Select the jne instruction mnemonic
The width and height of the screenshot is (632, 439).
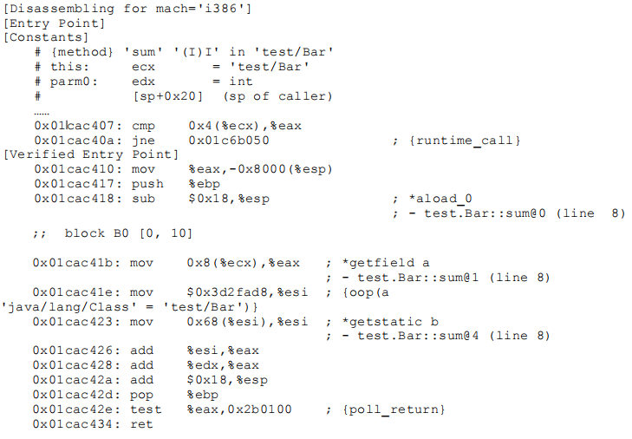(x=143, y=141)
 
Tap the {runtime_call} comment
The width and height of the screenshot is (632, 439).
(x=465, y=141)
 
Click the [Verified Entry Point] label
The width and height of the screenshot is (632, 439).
(x=91, y=154)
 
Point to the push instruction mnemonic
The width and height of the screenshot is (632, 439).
(x=147, y=185)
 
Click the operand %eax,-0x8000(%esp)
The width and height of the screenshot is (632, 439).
(x=260, y=169)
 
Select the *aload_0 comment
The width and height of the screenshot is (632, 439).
(x=440, y=199)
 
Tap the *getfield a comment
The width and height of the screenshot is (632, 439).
(x=385, y=263)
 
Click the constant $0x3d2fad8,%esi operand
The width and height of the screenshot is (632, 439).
(x=247, y=292)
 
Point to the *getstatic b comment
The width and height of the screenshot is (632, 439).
(x=390, y=322)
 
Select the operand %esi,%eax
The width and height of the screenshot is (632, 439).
(x=223, y=351)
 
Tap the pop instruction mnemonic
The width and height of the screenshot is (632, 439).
(x=141, y=395)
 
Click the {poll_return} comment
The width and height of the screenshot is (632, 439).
(x=394, y=410)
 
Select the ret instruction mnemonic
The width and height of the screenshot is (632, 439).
(x=141, y=424)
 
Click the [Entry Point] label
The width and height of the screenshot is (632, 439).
(x=54, y=23)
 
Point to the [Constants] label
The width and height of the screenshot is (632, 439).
(x=46, y=37)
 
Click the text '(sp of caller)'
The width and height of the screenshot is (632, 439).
(x=277, y=96)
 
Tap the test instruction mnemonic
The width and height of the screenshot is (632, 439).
(x=146, y=410)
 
